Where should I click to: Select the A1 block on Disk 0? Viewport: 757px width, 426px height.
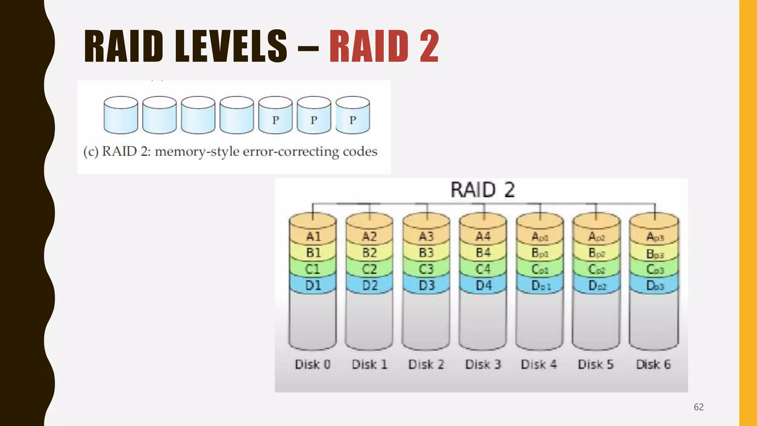point(313,236)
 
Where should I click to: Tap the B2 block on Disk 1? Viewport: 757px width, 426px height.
point(369,253)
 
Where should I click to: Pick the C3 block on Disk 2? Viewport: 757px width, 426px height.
point(426,269)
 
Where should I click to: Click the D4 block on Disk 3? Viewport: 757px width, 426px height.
point(483,285)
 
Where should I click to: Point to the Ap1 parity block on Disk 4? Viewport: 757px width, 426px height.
point(540,237)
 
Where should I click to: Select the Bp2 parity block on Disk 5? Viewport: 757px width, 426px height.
point(596,253)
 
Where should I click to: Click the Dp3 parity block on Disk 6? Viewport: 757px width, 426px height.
point(655,286)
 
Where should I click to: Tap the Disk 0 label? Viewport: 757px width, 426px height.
point(313,365)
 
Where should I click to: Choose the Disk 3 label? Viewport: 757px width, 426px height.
point(483,365)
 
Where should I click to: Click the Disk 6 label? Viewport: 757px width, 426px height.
point(653,365)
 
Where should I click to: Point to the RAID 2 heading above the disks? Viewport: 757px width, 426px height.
point(482,190)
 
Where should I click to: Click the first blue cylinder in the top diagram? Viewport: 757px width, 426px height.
point(121,115)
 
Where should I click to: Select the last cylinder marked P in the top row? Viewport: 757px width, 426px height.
point(353,115)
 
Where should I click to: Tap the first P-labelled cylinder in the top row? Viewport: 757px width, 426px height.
point(275,115)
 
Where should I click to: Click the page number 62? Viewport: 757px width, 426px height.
point(699,407)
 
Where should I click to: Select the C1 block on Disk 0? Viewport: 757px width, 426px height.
point(313,269)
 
